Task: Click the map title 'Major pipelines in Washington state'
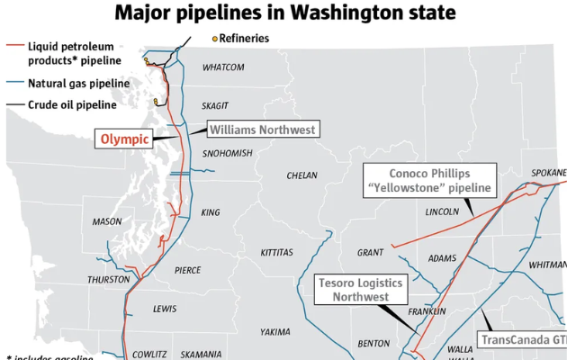[283, 13]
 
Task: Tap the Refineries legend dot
[214, 38]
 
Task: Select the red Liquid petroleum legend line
[15, 46]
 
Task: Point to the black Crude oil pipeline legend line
[15, 105]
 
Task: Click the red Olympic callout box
[123, 139]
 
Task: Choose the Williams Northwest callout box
[263, 130]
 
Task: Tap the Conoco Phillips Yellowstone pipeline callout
[430, 180]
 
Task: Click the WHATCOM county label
[223, 67]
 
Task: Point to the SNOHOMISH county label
[228, 154]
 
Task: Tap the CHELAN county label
[302, 175]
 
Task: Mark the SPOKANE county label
[549, 173]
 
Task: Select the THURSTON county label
[109, 280]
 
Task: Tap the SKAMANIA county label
[201, 355]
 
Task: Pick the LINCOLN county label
[441, 212]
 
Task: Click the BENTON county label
[374, 344]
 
